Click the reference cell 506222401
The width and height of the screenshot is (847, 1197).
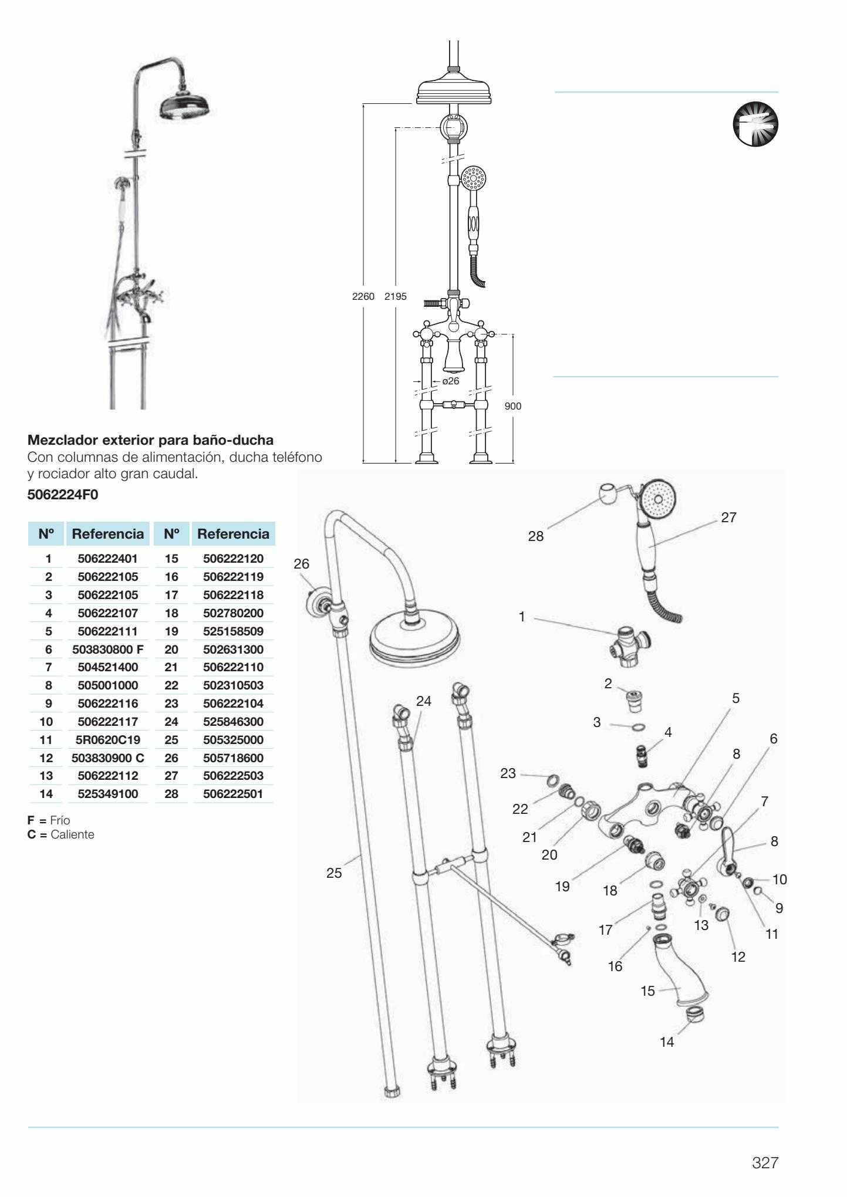[107, 559]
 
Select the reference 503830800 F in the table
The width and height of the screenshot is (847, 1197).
[107, 650]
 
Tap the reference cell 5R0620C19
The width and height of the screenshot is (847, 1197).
[107, 740]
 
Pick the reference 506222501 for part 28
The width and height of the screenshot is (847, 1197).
[233, 794]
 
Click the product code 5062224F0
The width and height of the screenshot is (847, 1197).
[63, 495]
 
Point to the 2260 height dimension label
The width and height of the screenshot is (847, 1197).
[363, 296]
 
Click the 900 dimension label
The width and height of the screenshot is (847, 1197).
[512, 406]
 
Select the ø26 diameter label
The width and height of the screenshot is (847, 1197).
[450, 381]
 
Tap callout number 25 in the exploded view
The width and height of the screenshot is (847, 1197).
[334, 873]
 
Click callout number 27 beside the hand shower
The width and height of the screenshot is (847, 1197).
[728, 518]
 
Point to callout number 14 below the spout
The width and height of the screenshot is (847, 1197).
[667, 1042]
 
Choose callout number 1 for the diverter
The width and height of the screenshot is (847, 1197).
[521, 617]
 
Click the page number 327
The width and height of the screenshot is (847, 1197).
[765, 1162]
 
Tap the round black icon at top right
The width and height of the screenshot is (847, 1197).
[755, 124]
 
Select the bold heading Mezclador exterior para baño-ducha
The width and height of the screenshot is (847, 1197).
[150, 439]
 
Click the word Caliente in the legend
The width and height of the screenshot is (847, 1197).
[72, 834]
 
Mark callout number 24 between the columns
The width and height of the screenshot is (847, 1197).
[423, 701]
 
